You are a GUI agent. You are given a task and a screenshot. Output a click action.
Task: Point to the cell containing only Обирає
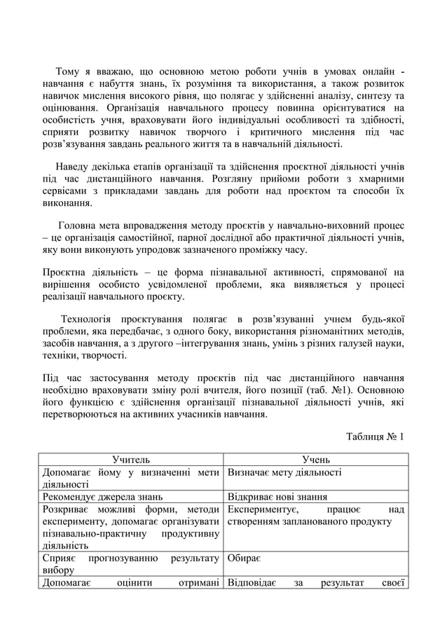[x=245, y=559]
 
